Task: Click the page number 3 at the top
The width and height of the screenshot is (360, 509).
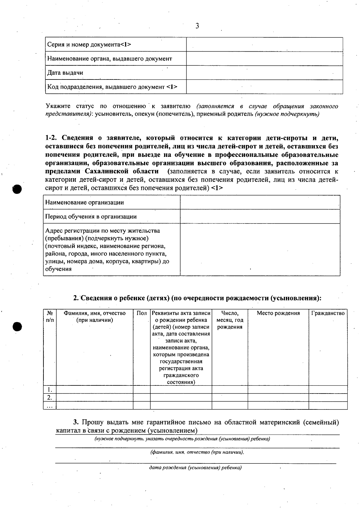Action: click(197, 26)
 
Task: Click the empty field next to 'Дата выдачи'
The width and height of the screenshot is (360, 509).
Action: click(264, 73)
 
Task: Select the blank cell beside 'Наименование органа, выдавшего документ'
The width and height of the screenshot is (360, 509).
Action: click(264, 59)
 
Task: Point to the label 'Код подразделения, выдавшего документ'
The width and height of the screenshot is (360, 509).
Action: click(112, 87)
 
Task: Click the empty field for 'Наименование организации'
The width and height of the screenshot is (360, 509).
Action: click(260, 202)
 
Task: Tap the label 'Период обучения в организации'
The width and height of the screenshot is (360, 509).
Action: click(91, 217)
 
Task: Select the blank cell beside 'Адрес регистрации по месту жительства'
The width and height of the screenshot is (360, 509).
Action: click(260, 250)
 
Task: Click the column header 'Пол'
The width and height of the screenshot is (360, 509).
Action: click(142, 313)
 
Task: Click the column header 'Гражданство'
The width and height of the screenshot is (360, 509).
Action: click(328, 313)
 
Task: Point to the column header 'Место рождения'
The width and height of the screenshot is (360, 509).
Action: click(278, 313)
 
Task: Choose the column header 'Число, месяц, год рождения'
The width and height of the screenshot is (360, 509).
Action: click(230, 320)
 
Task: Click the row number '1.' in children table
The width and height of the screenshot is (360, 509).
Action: click(50, 390)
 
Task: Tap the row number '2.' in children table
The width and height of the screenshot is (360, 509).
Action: click(50, 397)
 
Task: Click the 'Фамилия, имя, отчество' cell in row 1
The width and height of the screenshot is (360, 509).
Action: click(94, 390)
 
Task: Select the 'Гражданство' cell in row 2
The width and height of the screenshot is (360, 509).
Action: click(328, 397)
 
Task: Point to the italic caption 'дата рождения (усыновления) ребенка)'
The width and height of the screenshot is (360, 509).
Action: click(195, 468)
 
